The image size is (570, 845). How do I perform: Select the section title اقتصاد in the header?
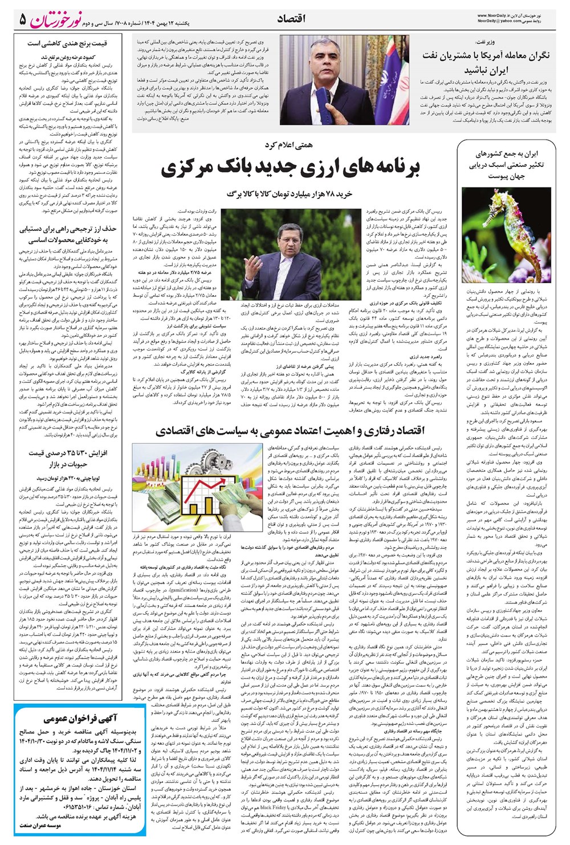(x=291, y=19)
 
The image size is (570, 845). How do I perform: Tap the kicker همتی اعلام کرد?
(x=290, y=146)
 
